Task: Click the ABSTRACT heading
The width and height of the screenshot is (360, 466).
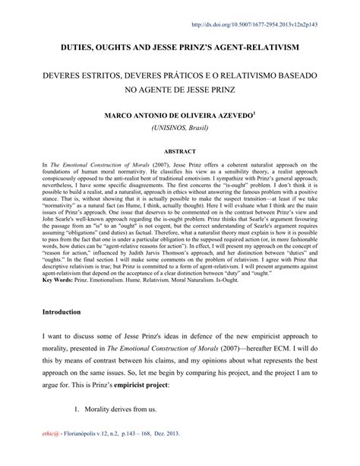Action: coord(180,151)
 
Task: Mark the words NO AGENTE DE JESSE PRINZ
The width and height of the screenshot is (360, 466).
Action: coord(180,95)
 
